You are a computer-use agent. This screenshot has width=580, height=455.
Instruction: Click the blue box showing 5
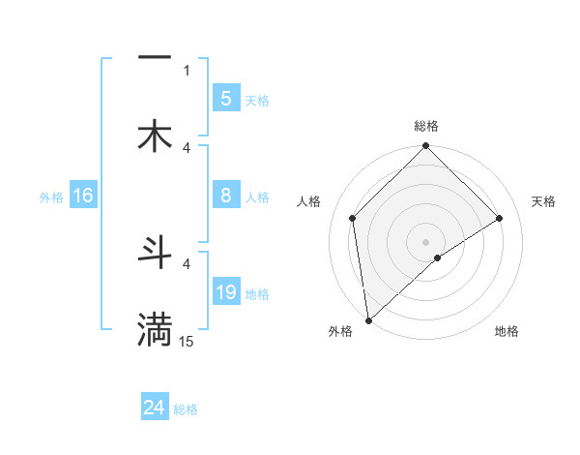point(225,98)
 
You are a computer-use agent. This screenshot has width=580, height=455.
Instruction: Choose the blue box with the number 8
point(225,196)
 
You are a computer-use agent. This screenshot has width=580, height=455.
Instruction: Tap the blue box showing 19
point(225,292)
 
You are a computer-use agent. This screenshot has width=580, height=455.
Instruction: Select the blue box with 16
point(82,197)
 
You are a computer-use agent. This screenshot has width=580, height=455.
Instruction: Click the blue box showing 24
point(154,408)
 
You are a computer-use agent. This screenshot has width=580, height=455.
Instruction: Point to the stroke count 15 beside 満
point(187,342)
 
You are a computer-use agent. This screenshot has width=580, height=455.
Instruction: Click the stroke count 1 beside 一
point(187,70)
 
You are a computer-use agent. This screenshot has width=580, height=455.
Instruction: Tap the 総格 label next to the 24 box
point(186,409)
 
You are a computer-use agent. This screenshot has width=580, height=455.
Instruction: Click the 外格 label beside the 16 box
point(51,197)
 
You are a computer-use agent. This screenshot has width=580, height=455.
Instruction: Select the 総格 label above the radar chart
point(425,126)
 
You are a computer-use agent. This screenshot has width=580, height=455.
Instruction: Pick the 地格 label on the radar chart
point(507,332)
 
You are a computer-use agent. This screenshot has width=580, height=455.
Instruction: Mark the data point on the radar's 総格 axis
point(425,147)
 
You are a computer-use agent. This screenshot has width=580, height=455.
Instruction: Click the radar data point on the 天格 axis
point(500,218)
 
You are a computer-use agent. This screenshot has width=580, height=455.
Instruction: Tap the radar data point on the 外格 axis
point(368,320)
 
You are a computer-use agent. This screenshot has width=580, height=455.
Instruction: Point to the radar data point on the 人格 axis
point(353,218)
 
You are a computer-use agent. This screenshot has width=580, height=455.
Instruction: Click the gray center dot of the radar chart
point(425,241)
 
